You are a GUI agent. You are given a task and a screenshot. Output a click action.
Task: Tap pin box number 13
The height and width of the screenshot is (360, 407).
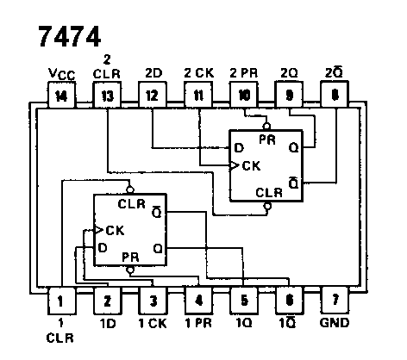coord(106,96)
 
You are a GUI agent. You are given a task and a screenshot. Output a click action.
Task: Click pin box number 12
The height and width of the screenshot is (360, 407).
coord(152,96)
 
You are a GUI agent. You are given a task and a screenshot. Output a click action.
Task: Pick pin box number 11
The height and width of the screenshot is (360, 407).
coord(197,96)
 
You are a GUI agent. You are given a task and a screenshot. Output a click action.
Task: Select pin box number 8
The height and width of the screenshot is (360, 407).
coord(334,96)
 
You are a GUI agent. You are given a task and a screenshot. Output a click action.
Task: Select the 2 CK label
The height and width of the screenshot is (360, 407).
coord(197,74)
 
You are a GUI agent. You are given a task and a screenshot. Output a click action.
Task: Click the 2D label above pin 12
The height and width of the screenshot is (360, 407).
coord(152,74)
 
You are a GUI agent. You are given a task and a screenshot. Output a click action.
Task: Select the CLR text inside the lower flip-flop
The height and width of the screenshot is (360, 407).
coord(131,204)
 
